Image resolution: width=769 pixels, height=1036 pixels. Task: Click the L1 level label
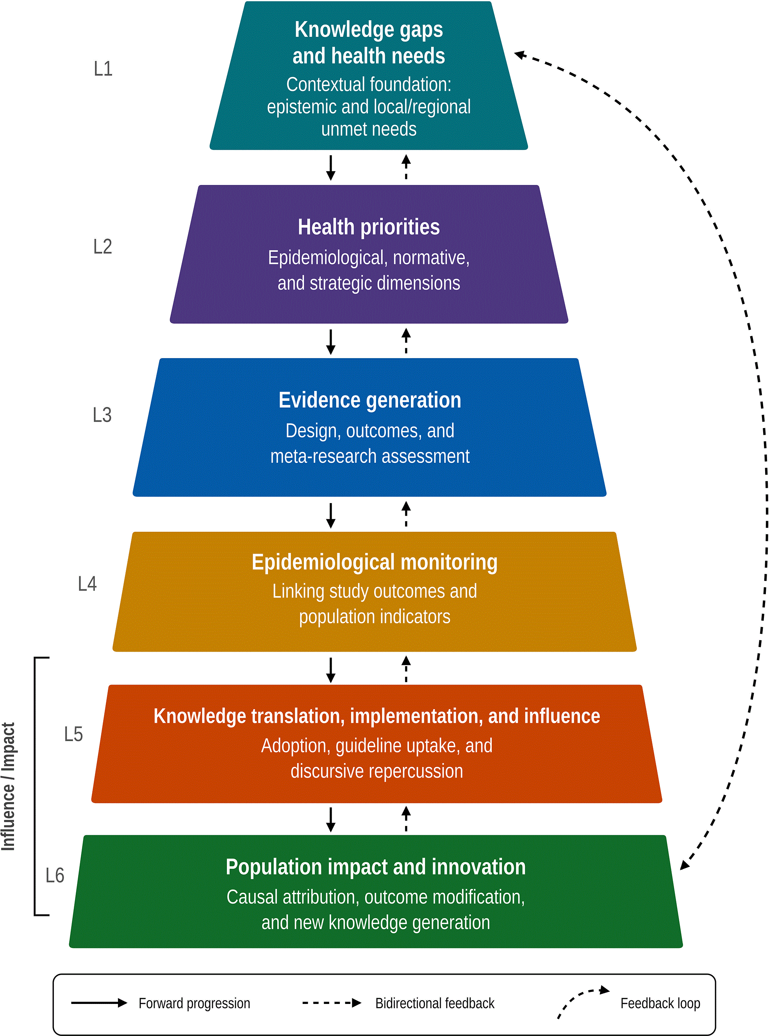pyautogui.click(x=103, y=69)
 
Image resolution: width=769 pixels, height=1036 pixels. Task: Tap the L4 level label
pyautogui.click(x=87, y=584)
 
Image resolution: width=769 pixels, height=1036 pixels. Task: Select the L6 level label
pyautogui.click(x=55, y=875)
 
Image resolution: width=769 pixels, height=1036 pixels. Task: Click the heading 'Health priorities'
pyautogui.click(x=369, y=227)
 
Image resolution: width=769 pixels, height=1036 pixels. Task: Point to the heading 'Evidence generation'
pyautogui.click(x=369, y=400)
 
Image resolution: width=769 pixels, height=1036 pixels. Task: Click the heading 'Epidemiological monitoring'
pyautogui.click(x=374, y=562)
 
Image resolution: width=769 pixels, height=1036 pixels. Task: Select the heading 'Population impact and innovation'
pyautogui.click(x=376, y=867)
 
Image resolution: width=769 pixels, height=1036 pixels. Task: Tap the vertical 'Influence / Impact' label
pyautogui.click(x=8, y=786)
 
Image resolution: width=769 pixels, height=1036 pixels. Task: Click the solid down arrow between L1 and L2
pyautogui.click(x=330, y=168)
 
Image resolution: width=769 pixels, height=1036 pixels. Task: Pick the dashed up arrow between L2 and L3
pyautogui.click(x=406, y=341)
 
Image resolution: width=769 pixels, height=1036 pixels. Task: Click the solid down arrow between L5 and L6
pyautogui.click(x=330, y=820)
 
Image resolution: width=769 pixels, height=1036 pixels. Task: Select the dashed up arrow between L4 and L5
pyautogui.click(x=406, y=669)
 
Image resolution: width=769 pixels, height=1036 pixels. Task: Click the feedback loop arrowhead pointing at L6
pyautogui.click(x=685, y=863)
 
